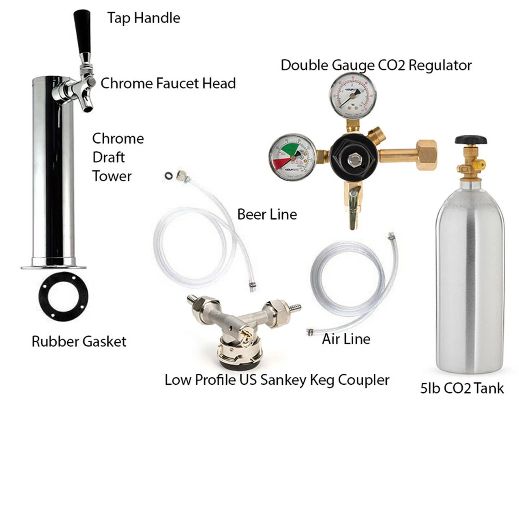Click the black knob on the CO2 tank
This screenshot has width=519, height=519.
[x=470, y=140]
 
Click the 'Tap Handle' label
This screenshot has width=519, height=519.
[x=144, y=18]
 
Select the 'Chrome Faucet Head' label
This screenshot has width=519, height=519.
[x=168, y=83]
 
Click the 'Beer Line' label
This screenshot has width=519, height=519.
[x=267, y=214]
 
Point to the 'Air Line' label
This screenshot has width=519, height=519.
[x=346, y=339]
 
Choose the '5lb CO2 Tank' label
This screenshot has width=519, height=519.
[x=462, y=388]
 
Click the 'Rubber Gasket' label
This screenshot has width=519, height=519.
[x=79, y=341]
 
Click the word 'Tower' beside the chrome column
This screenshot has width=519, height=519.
[x=112, y=176]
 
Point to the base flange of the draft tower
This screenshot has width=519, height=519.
[x=54, y=266]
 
